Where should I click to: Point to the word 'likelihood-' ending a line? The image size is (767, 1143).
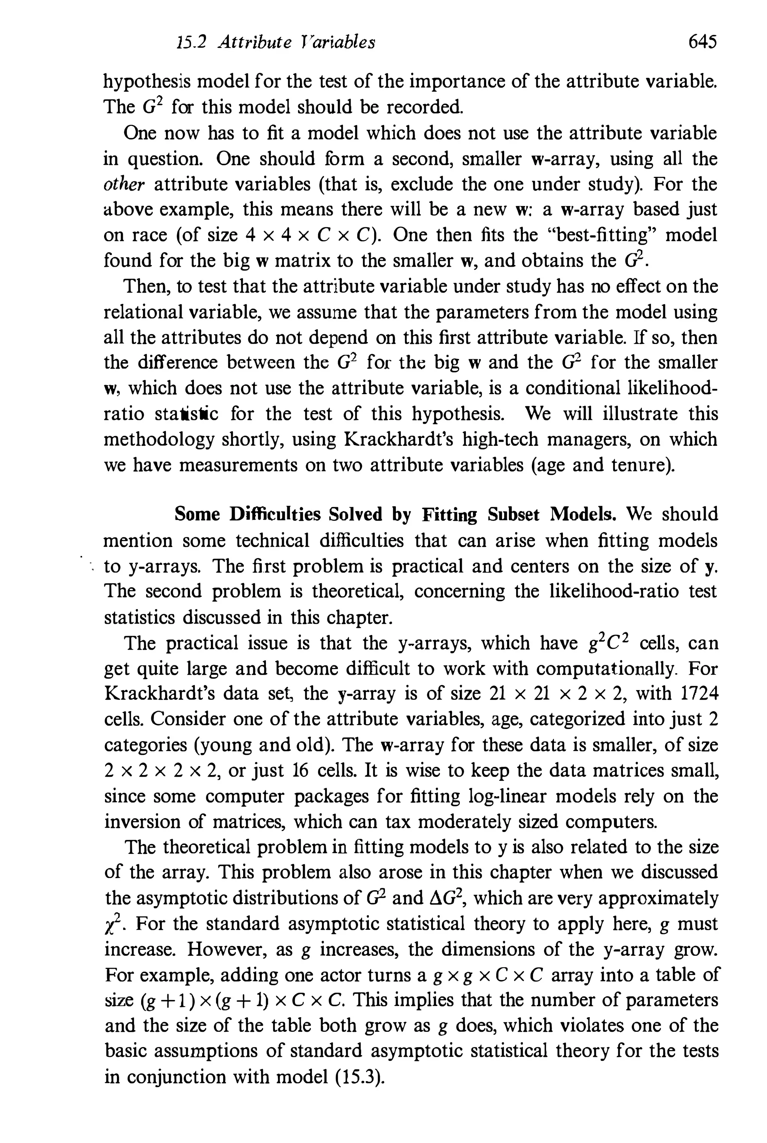point(668,388)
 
